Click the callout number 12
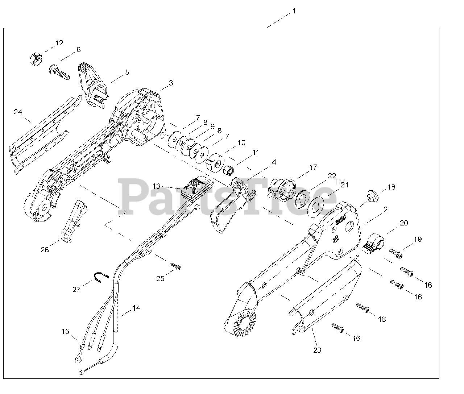pos(59,43)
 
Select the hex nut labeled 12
pos(36,58)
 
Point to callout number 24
pos(18,112)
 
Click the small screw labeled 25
pos(176,267)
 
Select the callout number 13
pos(156,186)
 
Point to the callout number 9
pos(212,127)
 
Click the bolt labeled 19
pos(395,252)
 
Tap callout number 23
pos(318,350)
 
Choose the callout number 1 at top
pos(294,11)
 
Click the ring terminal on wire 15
pos(78,358)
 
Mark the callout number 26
pos(45,250)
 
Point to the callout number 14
pos(136,308)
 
